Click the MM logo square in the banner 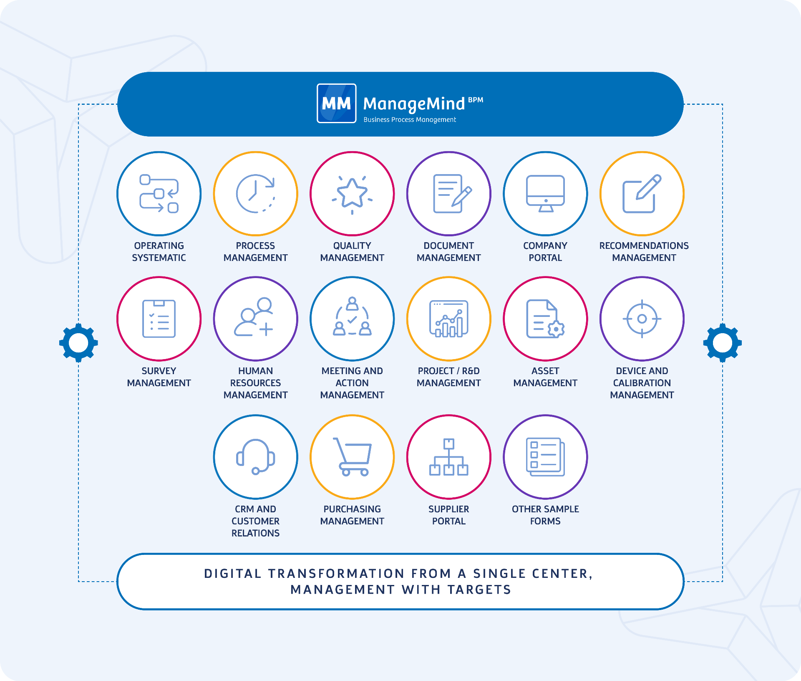pos(336,104)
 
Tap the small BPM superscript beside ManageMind pos(475,100)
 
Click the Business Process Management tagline pos(409,120)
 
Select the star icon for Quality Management pos(352,194)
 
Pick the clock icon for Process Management pos(255,194)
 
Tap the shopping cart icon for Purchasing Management pos(353,456)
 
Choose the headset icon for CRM pos(255,457)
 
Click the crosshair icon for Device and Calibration pos(642,319)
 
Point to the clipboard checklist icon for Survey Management pos(159,319)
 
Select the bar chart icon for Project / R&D pos(449,319)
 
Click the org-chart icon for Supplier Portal pos(449,457)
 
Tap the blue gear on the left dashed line pos(78,343)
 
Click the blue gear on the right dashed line pos(722,343)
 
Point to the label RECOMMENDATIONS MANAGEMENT pos(644,252)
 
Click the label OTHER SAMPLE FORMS pos(545,515)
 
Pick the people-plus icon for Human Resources pos(254,317)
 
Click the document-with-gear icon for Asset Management pos(545,319)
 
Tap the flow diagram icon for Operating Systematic pos(159,194)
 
